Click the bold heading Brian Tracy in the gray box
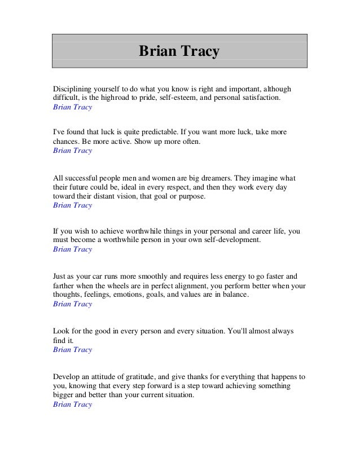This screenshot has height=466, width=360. (x=179, y=52)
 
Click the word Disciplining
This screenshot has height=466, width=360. (x=72, y=89)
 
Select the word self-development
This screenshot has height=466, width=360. (x=230, y=240)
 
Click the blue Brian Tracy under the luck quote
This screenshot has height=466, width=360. (x=72, y=151)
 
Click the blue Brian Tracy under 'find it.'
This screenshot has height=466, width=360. (x=72, y=350)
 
